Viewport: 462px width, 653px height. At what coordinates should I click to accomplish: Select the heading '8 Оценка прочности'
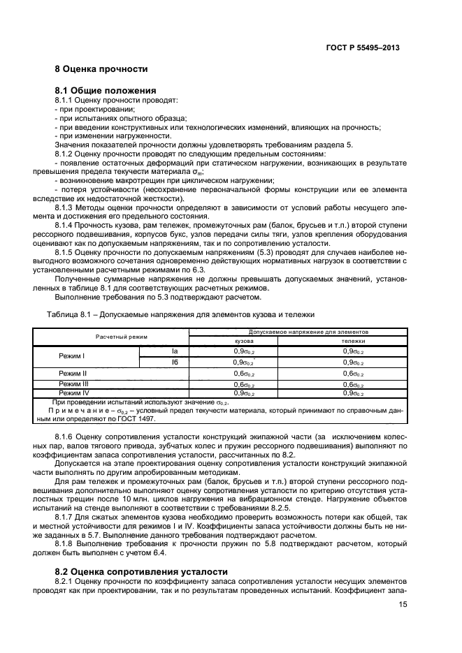tap(101, 69)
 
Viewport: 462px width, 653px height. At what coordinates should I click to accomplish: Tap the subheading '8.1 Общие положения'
tap(105, 91)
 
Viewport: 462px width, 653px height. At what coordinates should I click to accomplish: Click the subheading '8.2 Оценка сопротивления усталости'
tap(141, 571)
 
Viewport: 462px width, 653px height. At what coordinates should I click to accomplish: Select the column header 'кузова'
tap(243, 341)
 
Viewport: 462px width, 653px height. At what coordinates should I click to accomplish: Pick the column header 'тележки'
tap(347, 341)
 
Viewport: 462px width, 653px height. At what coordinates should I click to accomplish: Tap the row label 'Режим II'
tap(73, 374)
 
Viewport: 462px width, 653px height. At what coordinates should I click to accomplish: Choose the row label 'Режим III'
tap(73, 383)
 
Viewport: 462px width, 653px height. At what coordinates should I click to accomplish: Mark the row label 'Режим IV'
tap(73, 393)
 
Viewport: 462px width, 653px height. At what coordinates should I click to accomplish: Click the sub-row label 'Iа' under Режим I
tap(175, 352)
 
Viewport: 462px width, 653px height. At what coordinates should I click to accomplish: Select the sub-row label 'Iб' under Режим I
tap(175, 362)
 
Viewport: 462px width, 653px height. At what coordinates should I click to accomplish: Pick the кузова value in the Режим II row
tap(243, 374)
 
